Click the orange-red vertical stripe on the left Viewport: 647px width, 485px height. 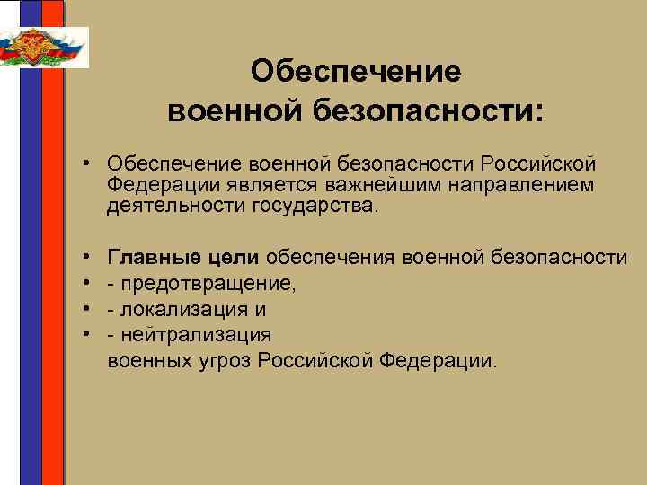click(x=54, y=269)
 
